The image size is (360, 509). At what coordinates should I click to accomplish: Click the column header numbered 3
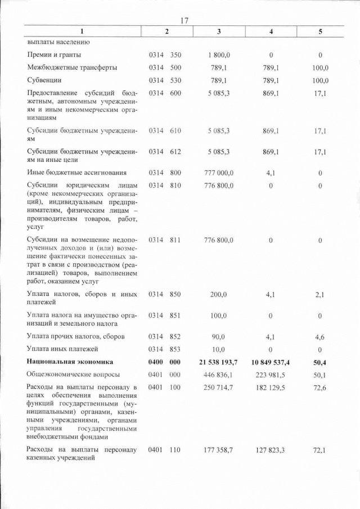218,32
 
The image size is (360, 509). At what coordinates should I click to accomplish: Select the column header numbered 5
320,32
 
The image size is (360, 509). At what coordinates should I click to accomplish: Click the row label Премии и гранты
54,55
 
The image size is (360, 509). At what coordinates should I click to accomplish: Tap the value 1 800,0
217,55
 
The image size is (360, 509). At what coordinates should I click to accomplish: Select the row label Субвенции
44,80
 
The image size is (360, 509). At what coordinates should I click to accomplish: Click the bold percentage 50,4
320,362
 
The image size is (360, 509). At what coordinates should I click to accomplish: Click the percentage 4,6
320,337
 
